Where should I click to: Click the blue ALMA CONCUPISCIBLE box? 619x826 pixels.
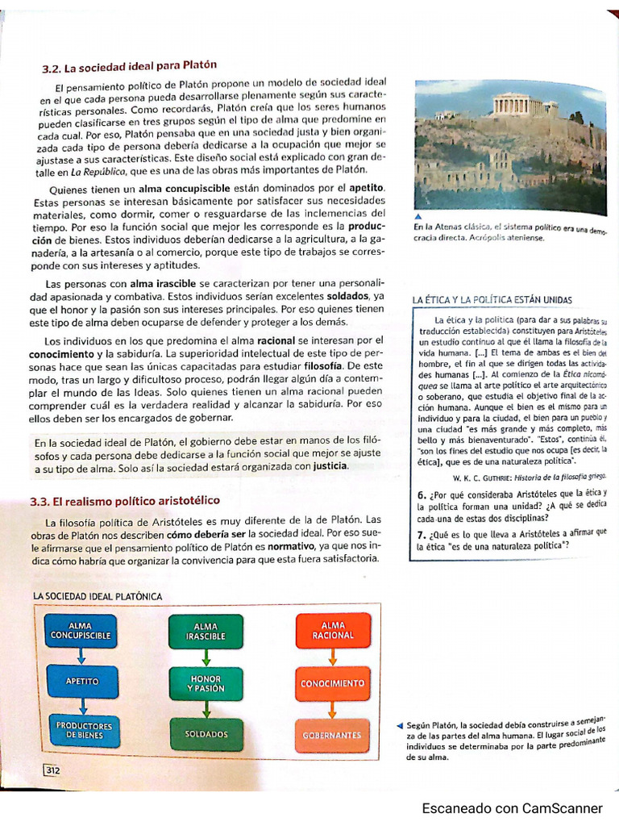click(81, 630)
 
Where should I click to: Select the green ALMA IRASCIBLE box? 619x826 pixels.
click(206, 631)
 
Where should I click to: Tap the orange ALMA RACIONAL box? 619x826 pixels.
click(333, 630)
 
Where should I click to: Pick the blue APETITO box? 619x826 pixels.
click(81, 681)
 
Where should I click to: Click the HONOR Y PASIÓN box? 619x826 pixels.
click(206, 682)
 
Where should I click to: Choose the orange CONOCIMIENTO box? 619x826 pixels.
click(333, 683)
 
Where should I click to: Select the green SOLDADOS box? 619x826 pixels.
click(206, 734)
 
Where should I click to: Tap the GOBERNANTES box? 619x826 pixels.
click(333, 735)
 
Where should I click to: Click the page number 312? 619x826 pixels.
click(52, 770)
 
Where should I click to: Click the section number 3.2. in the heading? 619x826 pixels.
click(53, 69)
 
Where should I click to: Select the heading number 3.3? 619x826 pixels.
click(42, 501)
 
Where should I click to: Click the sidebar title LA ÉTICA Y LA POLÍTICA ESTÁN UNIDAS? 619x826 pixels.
click(492, 300)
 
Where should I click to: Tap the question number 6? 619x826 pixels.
click(422, 495)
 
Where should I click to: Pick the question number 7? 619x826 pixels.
click(422, 535)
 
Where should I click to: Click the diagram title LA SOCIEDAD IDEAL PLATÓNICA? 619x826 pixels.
click(98, 596)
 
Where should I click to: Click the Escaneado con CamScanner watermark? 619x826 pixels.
click(512, 807)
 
